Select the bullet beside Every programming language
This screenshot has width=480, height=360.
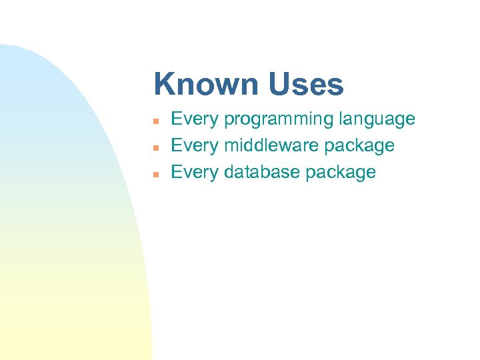pos(155,121)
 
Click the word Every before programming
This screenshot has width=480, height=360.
pos(195,119)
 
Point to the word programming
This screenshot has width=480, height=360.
pos(279,120)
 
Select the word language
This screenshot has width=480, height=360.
pos(377,120)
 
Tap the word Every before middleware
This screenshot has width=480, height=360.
pos(195,145)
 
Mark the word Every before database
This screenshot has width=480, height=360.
pos(195,172)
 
